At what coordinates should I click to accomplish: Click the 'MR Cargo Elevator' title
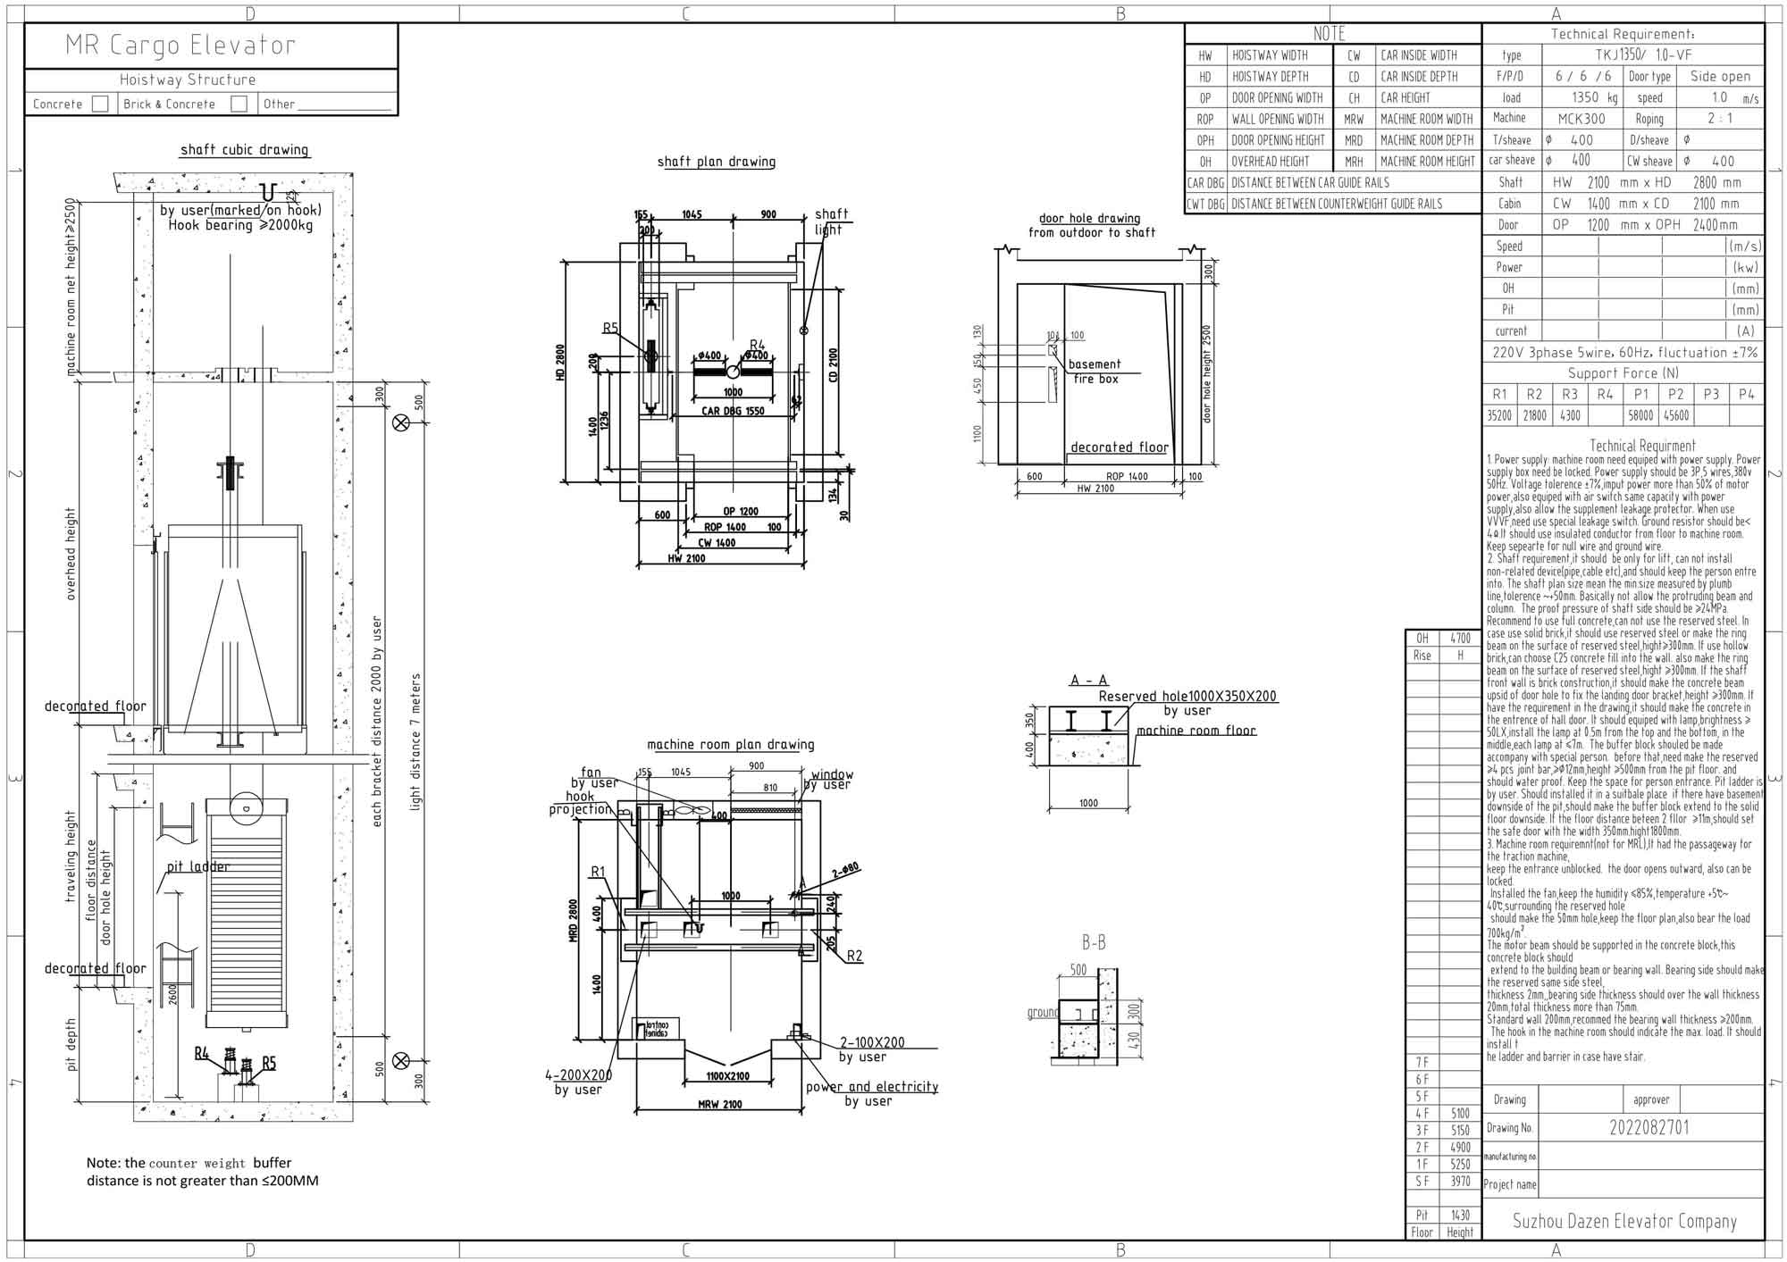(180, 46)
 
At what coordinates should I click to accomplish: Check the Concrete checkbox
(100, 104)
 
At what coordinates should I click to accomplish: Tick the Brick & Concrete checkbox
(239, 104)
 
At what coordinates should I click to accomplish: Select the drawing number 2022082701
(1649, 1127)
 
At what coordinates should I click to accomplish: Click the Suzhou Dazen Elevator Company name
(1623, 1221)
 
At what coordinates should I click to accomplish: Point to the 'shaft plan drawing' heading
(716, 162)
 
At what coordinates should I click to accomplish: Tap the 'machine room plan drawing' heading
(730, 744)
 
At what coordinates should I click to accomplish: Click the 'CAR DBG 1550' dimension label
(734, 412)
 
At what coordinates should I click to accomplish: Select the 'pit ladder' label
(197, 866)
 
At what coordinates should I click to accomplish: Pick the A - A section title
(1088, 681)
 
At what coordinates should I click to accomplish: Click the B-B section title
(1094, 942)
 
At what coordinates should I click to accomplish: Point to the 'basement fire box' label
(1095, 372)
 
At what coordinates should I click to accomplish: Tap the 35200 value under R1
(1498, 415)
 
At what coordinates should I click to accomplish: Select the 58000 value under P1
(1640, 415)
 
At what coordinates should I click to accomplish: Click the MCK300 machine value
(1581, 119)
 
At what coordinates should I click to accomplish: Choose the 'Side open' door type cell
(1720, 77)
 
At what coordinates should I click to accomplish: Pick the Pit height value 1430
(1460, 1215)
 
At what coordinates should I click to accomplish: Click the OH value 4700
(1460, 639)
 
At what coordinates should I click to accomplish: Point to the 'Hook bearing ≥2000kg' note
(240, 226)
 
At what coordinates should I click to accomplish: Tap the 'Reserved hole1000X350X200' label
(1187, 697)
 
